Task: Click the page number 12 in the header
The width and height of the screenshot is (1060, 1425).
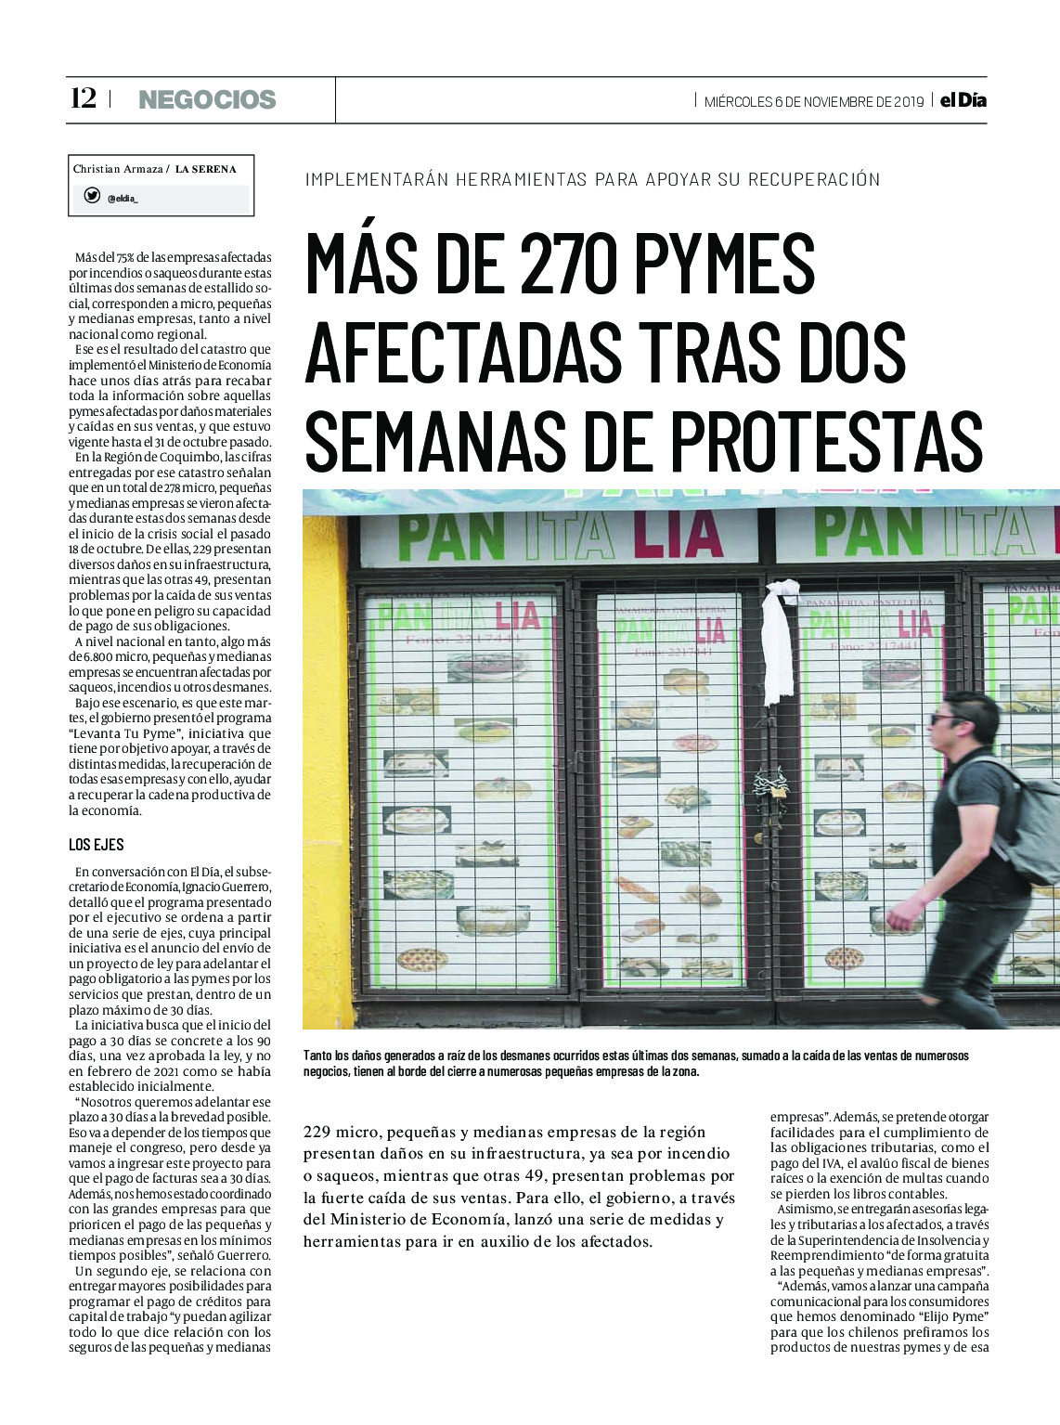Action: (84, 98)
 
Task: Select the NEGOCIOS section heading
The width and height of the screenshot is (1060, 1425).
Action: (207, 99)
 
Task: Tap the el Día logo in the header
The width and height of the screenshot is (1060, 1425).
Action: (963, 100)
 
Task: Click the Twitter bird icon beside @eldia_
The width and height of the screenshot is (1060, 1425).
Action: (92, 195)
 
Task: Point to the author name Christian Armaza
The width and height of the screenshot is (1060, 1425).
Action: (117, 169)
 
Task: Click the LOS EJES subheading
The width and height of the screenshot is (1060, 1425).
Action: (96, 845)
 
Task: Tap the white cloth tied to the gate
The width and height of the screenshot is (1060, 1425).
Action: (778, 641)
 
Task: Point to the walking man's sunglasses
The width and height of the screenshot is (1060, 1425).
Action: (945, 719)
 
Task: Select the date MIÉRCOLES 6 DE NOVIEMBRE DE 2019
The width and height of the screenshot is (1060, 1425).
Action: (813, 101)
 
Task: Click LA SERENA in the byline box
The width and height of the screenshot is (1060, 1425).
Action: (205, 169)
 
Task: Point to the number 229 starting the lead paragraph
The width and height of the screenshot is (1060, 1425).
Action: (317, 1133)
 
